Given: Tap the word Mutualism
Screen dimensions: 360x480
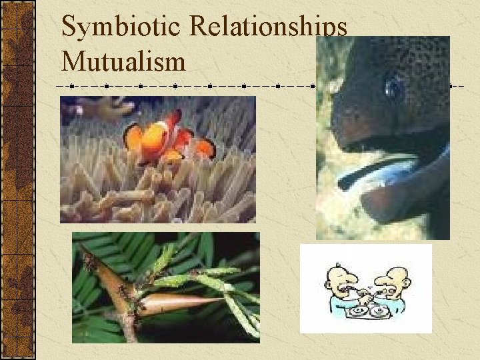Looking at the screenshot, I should tap(123, 61).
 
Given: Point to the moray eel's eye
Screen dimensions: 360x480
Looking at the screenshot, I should tap(394, 87).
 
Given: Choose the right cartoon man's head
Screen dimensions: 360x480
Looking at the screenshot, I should tap(397, 274).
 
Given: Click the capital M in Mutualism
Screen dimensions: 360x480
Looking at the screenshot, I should tap(72, 61).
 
